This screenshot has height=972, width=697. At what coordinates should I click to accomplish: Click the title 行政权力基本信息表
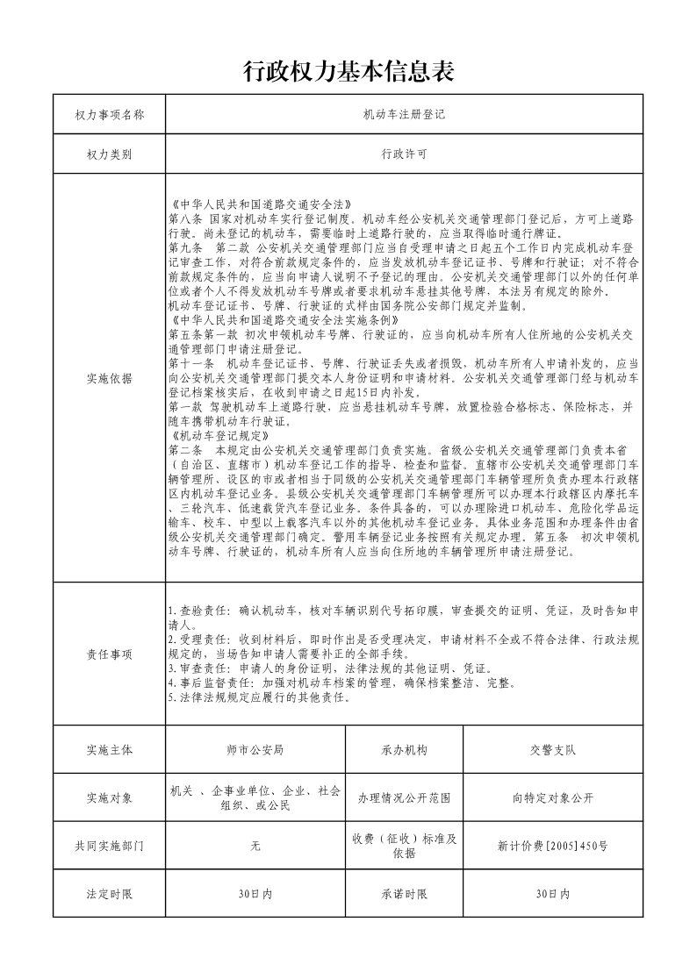pos(348,72)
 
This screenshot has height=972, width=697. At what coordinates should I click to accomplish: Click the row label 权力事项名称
pos(110,115)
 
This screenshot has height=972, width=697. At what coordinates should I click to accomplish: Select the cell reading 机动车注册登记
pos(405,115)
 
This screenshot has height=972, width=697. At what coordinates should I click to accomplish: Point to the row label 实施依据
pos(110,378)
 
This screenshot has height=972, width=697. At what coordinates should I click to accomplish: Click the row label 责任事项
pos(110,654)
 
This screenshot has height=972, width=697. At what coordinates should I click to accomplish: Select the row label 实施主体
pos(110,750)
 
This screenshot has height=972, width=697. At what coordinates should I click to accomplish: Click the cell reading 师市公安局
pos(255,750)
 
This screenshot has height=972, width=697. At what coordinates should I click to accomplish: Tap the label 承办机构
pos(405,750)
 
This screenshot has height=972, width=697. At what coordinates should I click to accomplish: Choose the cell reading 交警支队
pos(553,750)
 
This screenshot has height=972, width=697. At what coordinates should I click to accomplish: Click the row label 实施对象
pos(110,797)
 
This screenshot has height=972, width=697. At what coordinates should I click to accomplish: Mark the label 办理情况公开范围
pos(405,798)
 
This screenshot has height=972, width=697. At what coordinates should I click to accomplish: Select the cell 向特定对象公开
pos(553,798)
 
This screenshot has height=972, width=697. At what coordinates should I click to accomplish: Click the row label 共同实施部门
pos(110,846)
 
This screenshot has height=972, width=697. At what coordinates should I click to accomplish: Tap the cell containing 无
pos(255,846)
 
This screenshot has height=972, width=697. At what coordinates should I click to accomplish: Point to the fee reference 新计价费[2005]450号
pos(553,846)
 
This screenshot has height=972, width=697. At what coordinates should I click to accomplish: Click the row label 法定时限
pos(110,893)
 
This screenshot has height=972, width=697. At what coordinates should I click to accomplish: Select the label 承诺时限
pos(405,893)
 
